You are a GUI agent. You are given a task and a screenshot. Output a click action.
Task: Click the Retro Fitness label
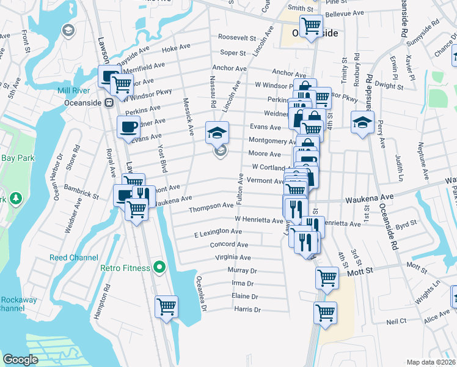click(x=125, y=267)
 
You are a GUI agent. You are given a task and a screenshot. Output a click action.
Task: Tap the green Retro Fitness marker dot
click(x=159, y=267)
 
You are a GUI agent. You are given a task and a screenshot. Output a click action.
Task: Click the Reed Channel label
click(x=70, y=258)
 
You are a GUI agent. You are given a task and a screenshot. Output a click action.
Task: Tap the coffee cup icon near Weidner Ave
click(x=128, y=127)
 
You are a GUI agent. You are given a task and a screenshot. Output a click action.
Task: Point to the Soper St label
click(x=233, y=53)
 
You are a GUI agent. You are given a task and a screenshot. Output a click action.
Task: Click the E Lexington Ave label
click(x=218, y=232)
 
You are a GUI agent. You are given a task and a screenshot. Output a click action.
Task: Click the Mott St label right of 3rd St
click(x=417, y=267)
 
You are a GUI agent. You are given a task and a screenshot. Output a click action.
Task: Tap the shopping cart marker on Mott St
click(x=327, y=278)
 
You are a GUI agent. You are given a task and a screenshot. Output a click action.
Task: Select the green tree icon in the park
click(x=16, y=199)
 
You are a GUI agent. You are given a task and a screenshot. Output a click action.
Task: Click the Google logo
click(x=20, y=360)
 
